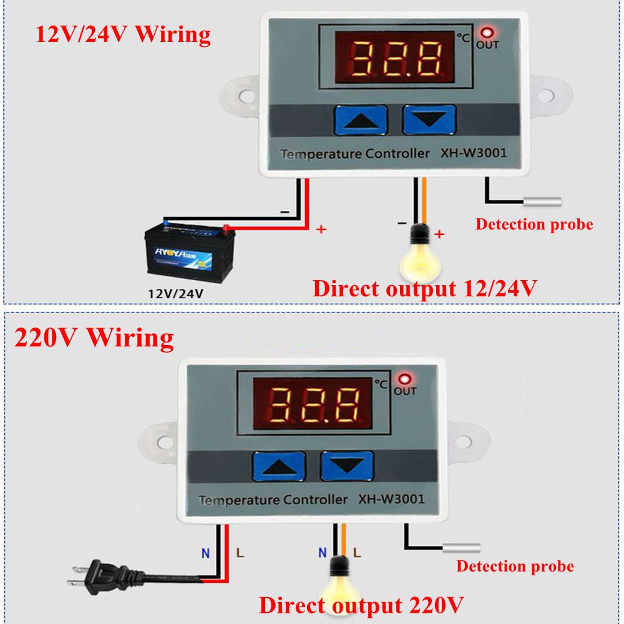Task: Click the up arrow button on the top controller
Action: (x=360, y=120)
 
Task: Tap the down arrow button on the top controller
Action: (x=429, y=120)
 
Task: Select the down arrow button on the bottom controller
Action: (x=347, y=466)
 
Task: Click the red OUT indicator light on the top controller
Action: (x=487, y=32)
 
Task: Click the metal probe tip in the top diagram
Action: (x=542, y=202)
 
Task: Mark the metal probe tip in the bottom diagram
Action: (x=462, y=548)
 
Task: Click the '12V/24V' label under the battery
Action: (x=175, y=291)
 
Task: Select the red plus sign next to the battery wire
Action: (x=321, y=230)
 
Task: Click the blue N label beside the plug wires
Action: (x=205, y=552)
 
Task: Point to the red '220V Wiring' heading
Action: (x=94, y=338)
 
